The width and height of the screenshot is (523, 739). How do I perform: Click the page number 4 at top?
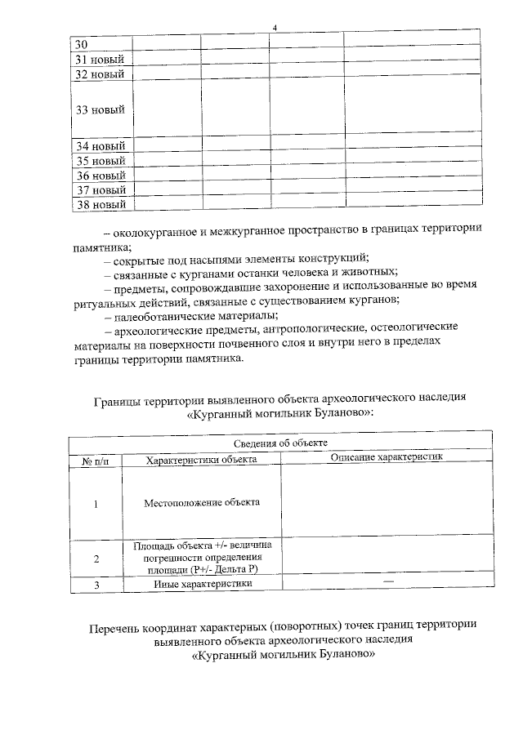[275, 29]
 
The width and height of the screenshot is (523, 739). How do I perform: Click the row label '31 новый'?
[100, 59]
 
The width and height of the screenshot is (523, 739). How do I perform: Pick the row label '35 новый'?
[100, 161]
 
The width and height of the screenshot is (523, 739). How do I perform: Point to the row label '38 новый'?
[100, 204]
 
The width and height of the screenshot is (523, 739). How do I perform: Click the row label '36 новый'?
[100, 176]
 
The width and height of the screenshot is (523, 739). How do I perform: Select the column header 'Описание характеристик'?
[386, 457]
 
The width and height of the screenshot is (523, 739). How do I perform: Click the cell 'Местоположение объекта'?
[202, 501]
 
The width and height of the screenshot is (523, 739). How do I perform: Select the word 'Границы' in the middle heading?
[119, 399]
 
